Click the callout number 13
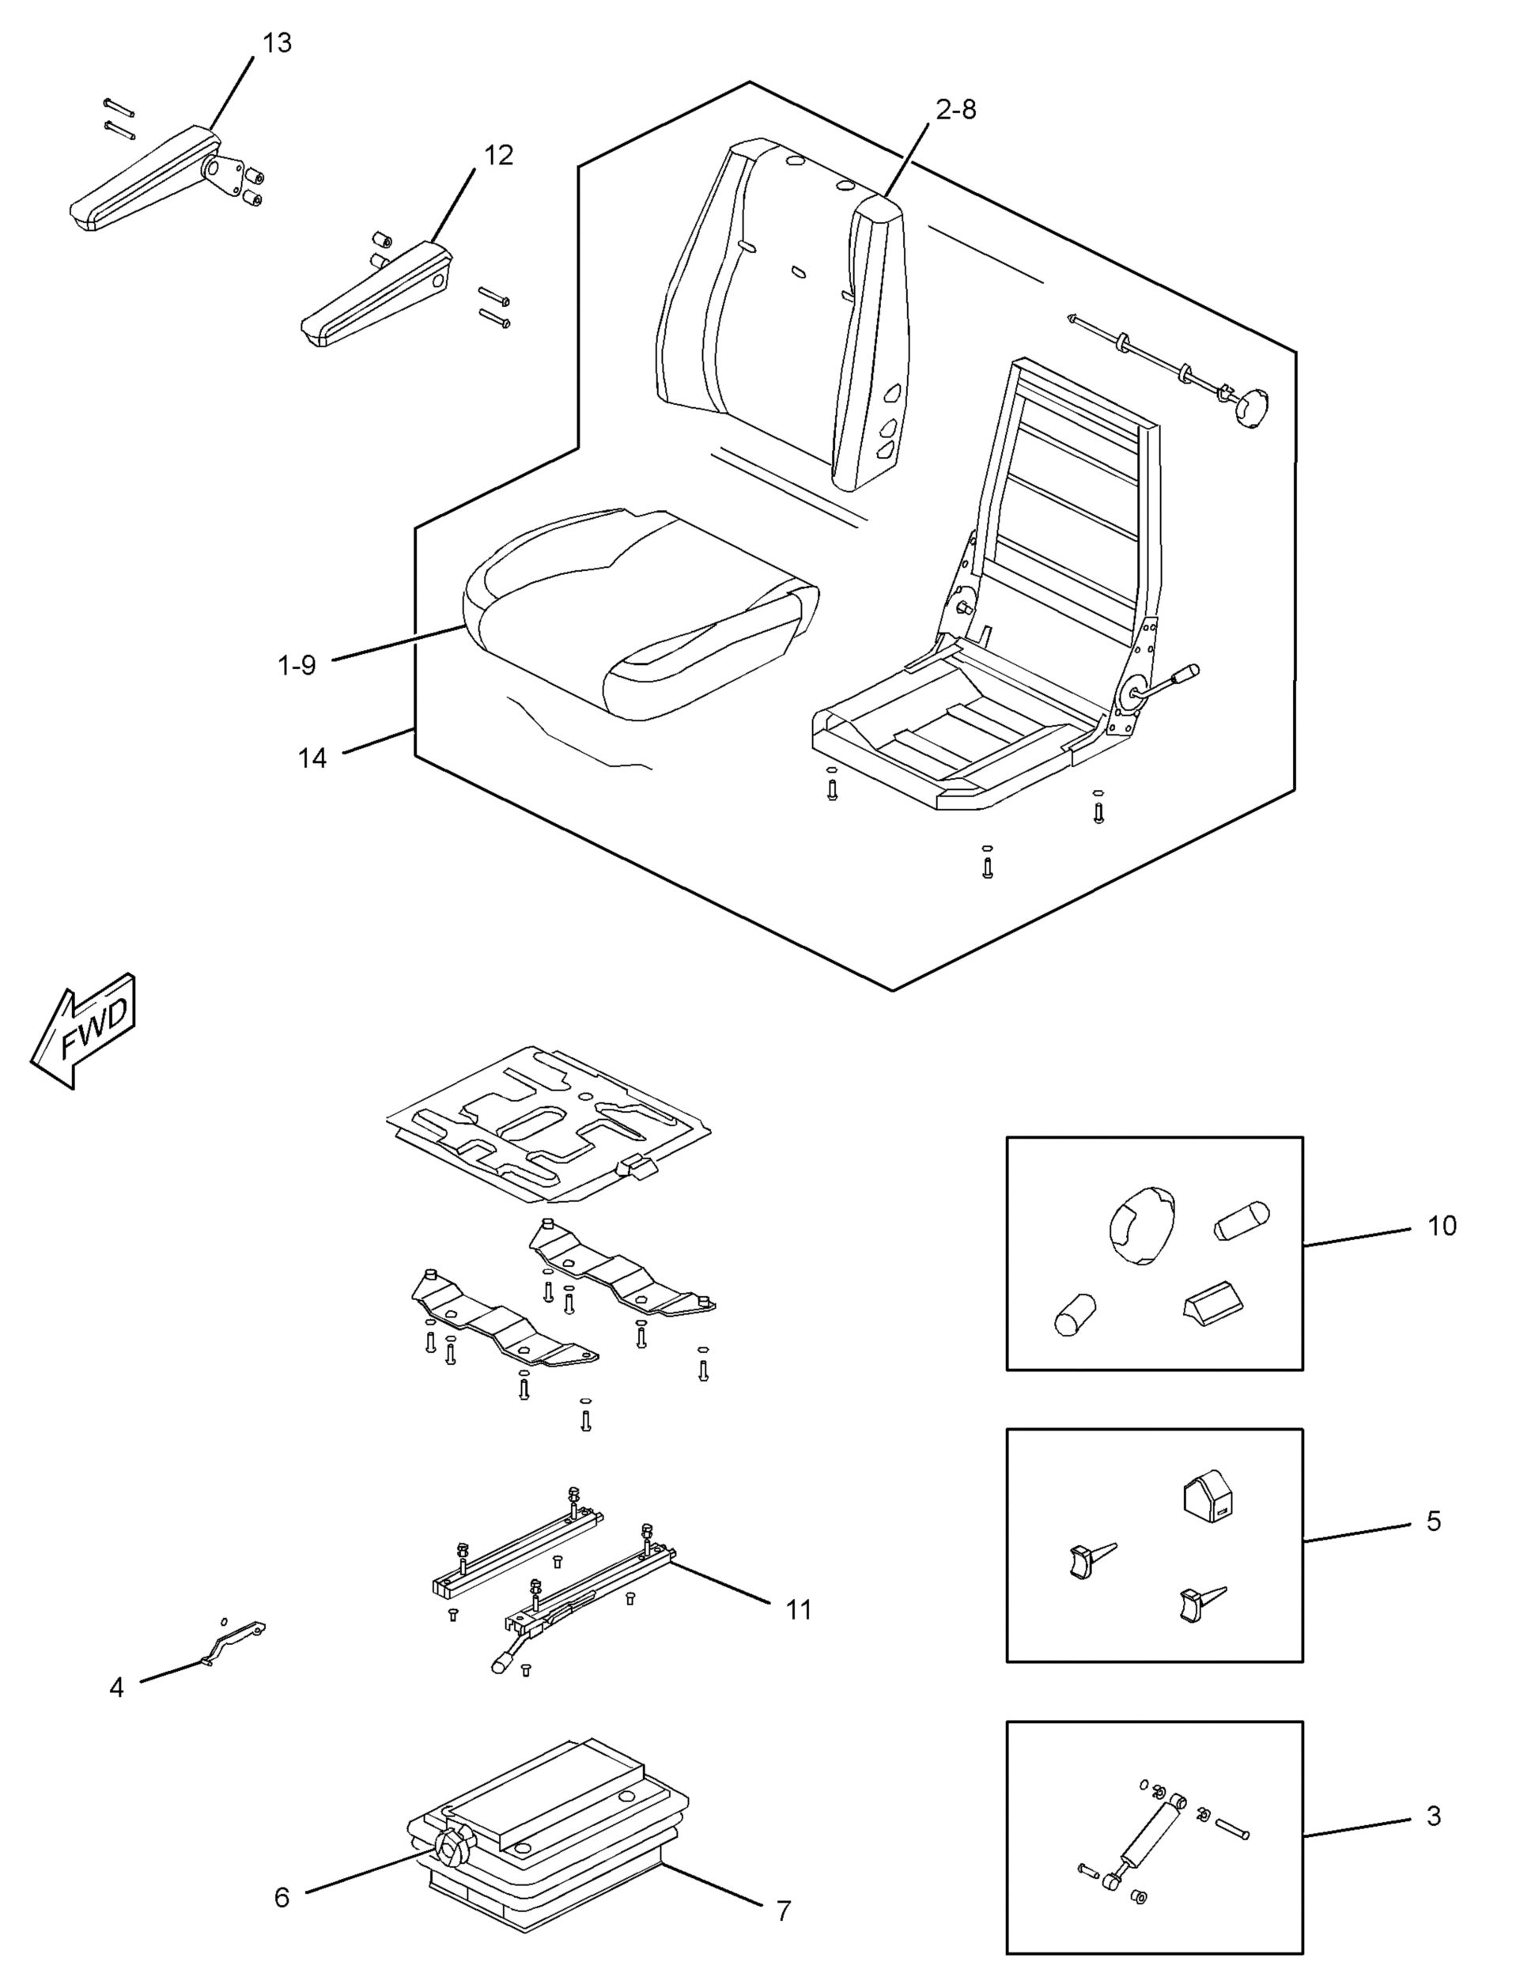pos(277,43)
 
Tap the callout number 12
pos(498,156)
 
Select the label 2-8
pos(955,111)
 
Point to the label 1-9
pos(297,666)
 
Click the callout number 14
pos(312,758)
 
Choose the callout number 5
pos(1434,1521)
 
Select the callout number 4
pos(116,1687)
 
